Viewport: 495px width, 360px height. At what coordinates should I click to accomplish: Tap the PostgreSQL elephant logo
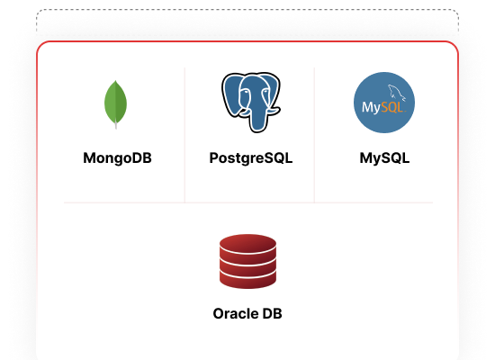point(251,102)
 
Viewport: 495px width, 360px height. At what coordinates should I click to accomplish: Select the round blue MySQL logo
point(384,103)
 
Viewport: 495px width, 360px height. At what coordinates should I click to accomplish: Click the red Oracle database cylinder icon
point(247,261)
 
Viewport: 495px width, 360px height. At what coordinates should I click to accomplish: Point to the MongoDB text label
point(117,157)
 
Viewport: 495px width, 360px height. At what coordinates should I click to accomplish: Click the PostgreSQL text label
point(251,157)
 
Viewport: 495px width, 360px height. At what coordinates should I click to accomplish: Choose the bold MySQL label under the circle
point(384,157)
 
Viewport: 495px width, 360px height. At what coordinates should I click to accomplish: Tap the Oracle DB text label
point(247,313)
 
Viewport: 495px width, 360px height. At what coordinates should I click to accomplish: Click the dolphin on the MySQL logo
point(397,93)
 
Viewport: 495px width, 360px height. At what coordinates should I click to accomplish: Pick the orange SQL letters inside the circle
point(392,107)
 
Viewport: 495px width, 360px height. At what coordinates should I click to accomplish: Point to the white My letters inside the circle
point(371,108)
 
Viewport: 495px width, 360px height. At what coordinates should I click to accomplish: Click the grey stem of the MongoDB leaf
point(116,125)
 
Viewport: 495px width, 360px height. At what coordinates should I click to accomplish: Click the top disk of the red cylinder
point(247,243)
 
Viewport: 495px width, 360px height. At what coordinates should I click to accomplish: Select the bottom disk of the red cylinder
point(247,281)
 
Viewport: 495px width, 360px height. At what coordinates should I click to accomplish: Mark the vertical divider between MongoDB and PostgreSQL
point(184,135)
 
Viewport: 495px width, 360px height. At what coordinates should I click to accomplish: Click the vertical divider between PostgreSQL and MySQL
point(314,135)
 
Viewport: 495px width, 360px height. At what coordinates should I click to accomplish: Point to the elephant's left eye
point(245,92)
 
